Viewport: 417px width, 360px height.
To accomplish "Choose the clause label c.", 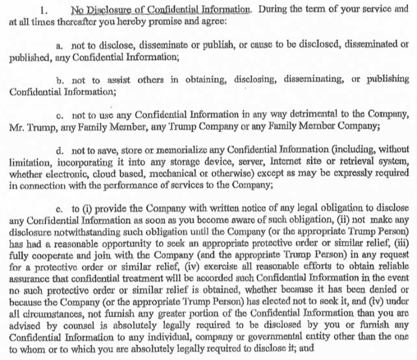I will pos(59,114).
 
